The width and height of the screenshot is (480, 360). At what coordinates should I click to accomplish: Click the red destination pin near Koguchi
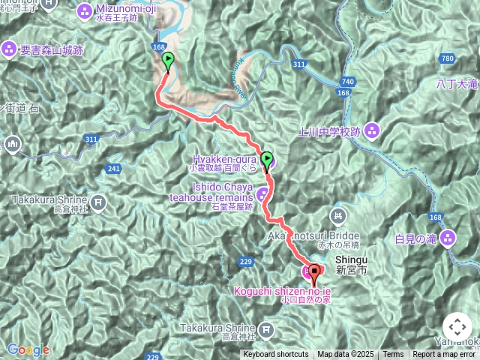pos(315,272)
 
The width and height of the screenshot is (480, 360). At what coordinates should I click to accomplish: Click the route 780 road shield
pos(448,58)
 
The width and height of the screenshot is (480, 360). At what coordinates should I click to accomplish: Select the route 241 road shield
pos(114,168)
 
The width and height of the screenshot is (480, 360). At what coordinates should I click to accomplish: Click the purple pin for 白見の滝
pos(448,239)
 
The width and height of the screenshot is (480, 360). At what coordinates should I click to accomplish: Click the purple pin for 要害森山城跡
pos(9,49)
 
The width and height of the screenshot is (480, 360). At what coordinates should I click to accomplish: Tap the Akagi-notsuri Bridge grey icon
pos(339,217)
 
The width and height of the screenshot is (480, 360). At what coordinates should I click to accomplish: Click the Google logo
pos(28,349)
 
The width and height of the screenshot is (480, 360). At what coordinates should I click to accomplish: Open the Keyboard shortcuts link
pos(275,355)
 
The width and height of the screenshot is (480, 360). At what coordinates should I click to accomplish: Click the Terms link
pos(393,355)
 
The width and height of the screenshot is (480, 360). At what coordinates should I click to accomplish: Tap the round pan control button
pos(457,327)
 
